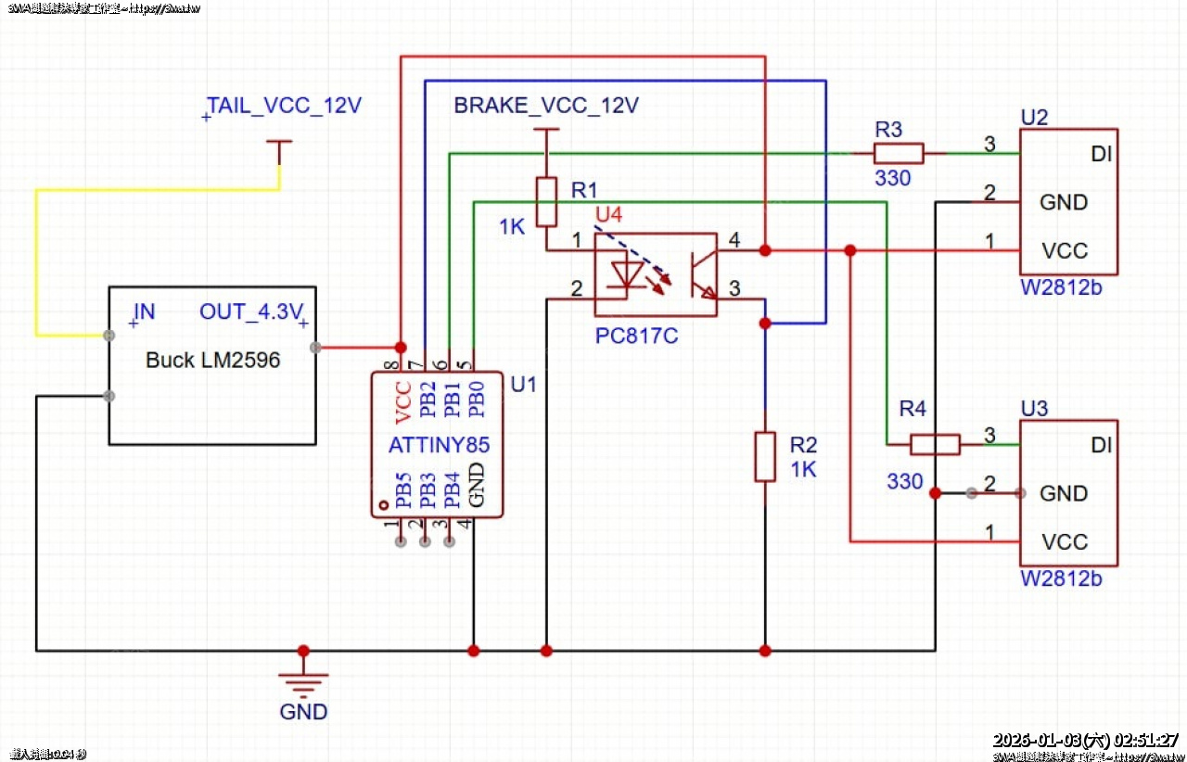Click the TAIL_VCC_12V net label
pyautogui.click(x=284, y=106)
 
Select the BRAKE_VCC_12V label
pyautogui.click(x=546, y=106)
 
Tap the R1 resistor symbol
pyautogui.click(x=547, y=202)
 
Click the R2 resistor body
pyautogui.click(x=764, y=456)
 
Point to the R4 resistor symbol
pyautogui.click(x=935, y=445)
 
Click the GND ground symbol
pyautogui.click(x=303, y=684)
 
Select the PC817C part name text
pyautogui.click(x=636, y=336)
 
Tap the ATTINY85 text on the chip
pyautogui.click(x=439, y=445)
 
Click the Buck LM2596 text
pyautogui.click(x=212, y=361)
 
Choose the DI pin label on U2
pyautogui.click(x=1102, y=153)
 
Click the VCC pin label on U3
pyautogui.click(x=1064, y=542)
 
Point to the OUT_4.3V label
pyautogui.click(x=251, y=311)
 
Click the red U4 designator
pyautogui.click(x=608, y=215)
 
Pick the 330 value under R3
pyautogui.click(x=892, y=179)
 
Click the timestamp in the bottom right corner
pyautogui.click(x=1085, y=740)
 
